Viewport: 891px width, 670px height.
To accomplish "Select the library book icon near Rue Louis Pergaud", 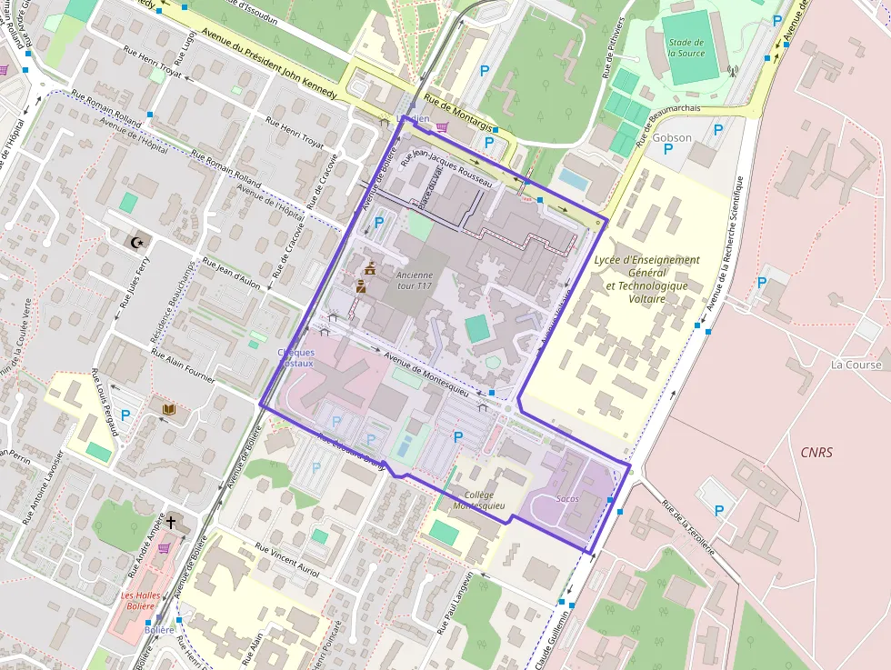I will coord(167,411).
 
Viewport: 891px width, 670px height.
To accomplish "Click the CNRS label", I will coord(816,452).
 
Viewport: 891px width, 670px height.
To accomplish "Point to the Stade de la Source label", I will coord(686,47).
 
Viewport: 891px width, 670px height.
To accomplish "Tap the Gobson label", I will coord(672,138).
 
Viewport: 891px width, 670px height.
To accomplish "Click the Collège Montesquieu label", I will coord(478,500).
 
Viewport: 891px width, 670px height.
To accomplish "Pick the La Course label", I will coord(856,365).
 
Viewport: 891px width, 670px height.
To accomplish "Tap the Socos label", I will coord(567,499).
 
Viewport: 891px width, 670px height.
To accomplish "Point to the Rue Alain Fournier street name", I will coord(183,367).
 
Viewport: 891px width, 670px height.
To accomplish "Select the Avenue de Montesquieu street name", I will coord(426,374).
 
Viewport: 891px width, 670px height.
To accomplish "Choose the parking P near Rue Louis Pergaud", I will coord(125,415).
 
